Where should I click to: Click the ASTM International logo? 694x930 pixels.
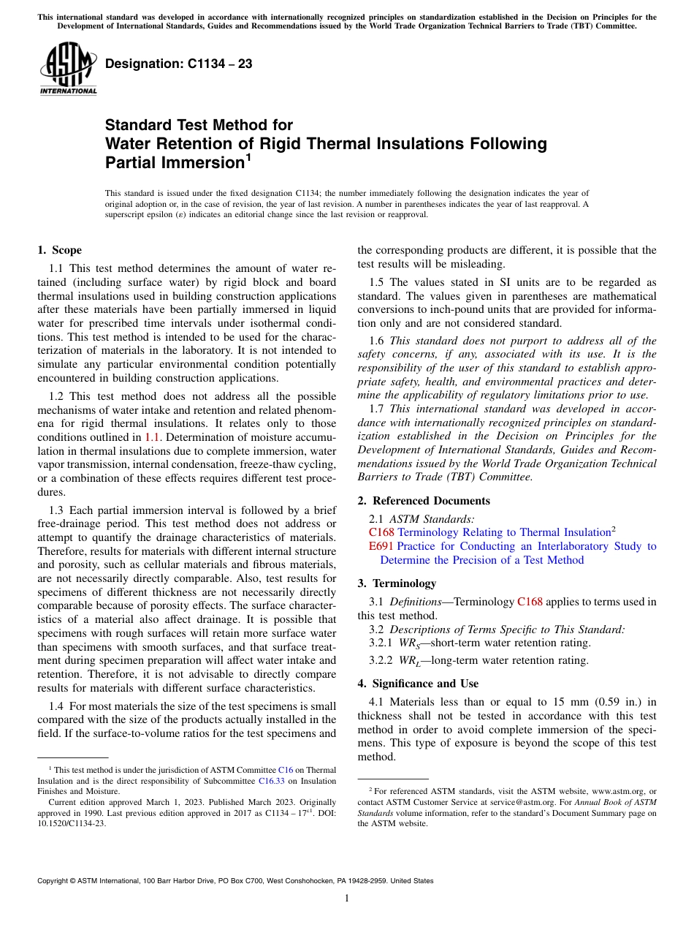[x=68, y=69]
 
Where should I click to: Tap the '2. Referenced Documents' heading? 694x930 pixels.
[x=424, y=501]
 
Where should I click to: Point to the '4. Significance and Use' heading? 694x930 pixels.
[x=418, y=684]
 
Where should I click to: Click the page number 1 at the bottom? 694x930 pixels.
[x=347, y=899]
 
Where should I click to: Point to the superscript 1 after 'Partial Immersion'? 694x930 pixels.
[x=248, y=156]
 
